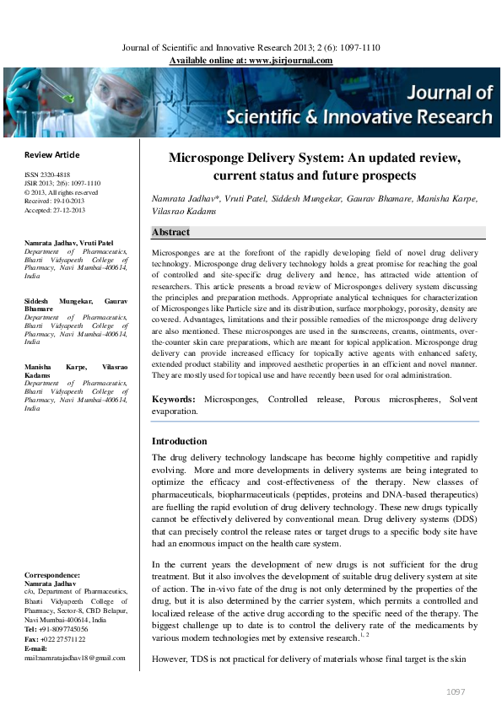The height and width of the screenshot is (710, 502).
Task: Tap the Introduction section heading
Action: (x=179, y=441)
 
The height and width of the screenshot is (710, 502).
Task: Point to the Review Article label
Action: (x=52, y=154)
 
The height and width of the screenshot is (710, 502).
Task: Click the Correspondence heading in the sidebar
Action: (x=52, y=574)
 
